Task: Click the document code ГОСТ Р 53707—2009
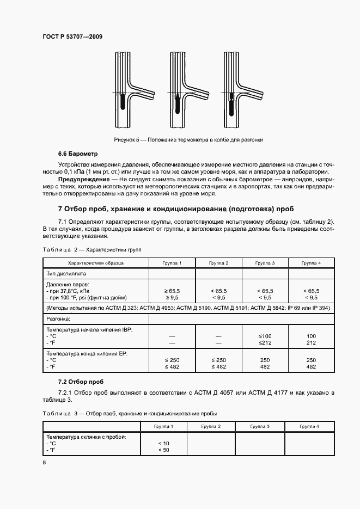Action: click(x=72, y=36)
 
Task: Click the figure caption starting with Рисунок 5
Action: click(x=188, y=140)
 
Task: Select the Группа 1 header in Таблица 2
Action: click(x=172, y=263)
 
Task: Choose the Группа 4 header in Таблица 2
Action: click(x=311, y=263)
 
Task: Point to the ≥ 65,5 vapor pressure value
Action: click(x=172, y=291)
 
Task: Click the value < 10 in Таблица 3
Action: click(x=164, y=444)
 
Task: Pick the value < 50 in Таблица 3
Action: click(x=164, y=450)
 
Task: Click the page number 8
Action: click(x=44, y=463)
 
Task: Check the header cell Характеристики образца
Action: click(x=97, y=263)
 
